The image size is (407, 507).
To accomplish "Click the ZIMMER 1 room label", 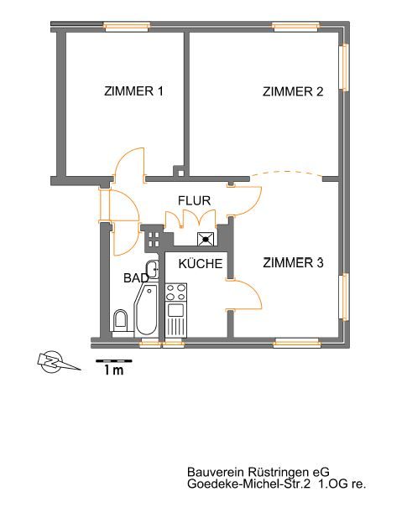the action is coord(133,91).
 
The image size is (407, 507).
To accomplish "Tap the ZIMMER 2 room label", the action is coord(293,92).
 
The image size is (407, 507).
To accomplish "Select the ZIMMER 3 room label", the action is coord(293,262).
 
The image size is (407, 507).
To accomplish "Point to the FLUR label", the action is coord(195,200).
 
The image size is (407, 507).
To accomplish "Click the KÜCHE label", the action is coord(201,263).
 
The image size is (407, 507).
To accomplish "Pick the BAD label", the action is coord(136,277).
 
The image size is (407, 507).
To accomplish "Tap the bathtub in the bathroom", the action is coord(146,310).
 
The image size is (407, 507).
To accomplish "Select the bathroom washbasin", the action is coord(152,269).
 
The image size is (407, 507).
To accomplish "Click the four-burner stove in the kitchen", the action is coord(176,292).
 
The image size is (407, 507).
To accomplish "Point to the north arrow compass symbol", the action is coord(55,362).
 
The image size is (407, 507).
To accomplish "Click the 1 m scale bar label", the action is coord(114,370).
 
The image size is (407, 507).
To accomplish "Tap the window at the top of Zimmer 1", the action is coord(127,27).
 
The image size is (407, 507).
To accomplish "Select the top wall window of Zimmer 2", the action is coord(295,27).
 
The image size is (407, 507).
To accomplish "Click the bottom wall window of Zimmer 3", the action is coord(296,343).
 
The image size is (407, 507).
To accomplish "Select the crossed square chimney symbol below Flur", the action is coord(206,239).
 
